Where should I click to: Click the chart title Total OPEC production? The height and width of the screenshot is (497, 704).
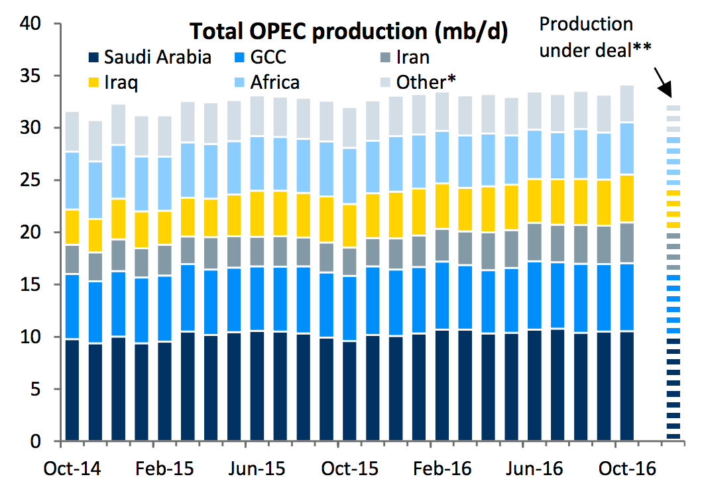click(349, 31)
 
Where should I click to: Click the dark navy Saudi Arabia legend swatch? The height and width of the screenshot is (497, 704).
click(94, 57)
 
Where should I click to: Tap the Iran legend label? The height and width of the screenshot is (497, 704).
click(412, 57)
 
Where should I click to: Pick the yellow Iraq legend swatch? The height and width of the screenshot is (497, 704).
click(94, 82)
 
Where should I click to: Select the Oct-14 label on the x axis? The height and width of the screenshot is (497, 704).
click(72, 469)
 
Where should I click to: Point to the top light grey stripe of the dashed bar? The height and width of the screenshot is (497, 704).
click(674, 107)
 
